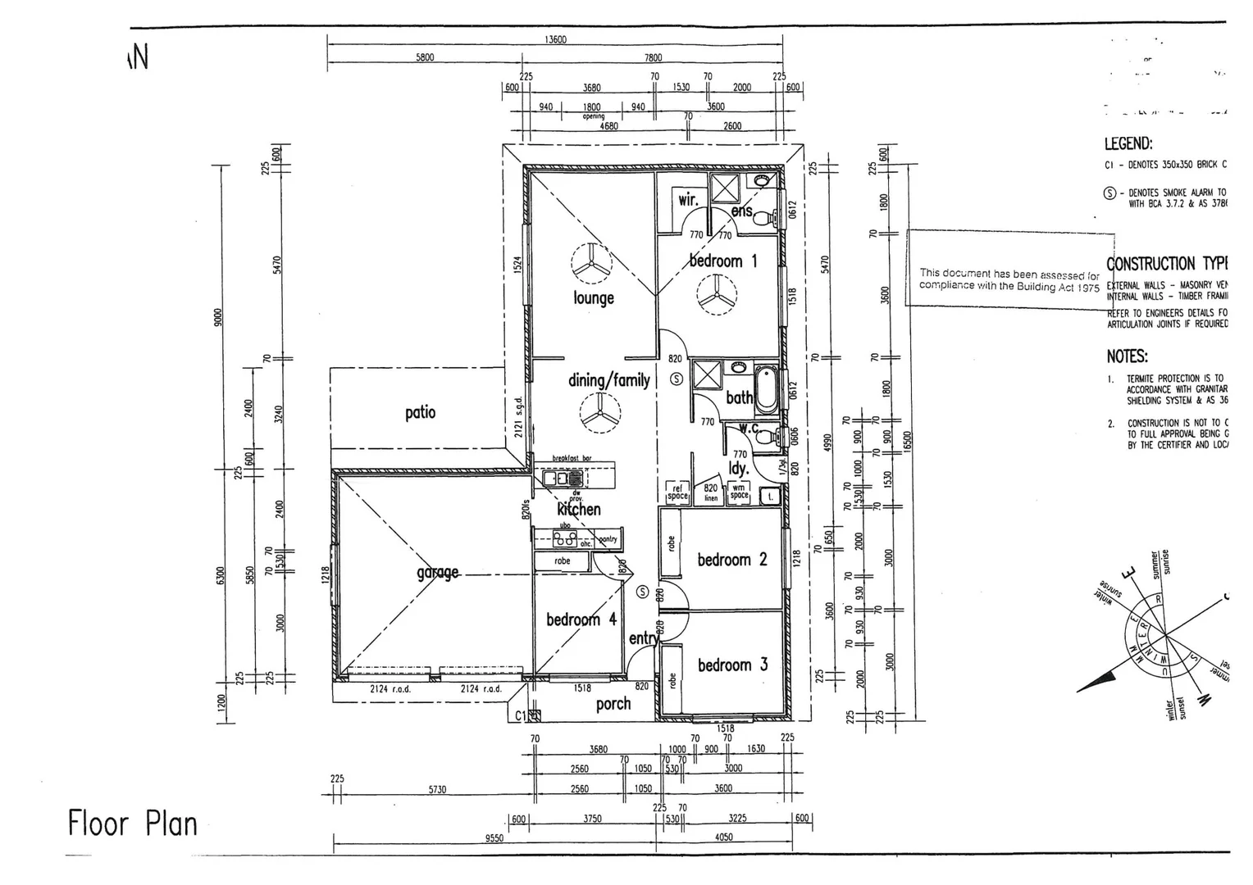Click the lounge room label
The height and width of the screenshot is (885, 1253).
(x=594, y=297)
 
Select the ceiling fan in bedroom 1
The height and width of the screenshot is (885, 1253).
(x=717, y=293)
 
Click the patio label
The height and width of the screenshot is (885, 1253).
(x=420, y=412)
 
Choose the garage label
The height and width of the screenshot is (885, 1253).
(x=438, y=572)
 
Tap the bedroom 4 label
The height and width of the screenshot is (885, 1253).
(x=581, y=619)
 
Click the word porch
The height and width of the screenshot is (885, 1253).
(x=613, y=704)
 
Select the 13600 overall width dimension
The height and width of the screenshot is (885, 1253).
(x=555, y=39)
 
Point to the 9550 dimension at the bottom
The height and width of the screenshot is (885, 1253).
(x=494, y=838)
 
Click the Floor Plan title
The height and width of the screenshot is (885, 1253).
(x=133, y=824)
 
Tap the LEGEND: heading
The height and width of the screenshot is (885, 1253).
(x=1128, y=144)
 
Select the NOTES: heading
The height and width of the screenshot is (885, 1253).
(x=1127, y=356)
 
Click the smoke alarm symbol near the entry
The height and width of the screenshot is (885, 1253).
(x=642, y=592)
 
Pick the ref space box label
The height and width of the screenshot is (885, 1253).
(x=677, y=492)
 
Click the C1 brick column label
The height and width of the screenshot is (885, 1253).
(x=521, y=715)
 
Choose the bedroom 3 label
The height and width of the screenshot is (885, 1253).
(x=732, y=665)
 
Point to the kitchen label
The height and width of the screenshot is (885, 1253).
(x=579, y=509)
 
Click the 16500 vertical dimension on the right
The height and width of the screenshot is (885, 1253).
(x=908, y=442)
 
